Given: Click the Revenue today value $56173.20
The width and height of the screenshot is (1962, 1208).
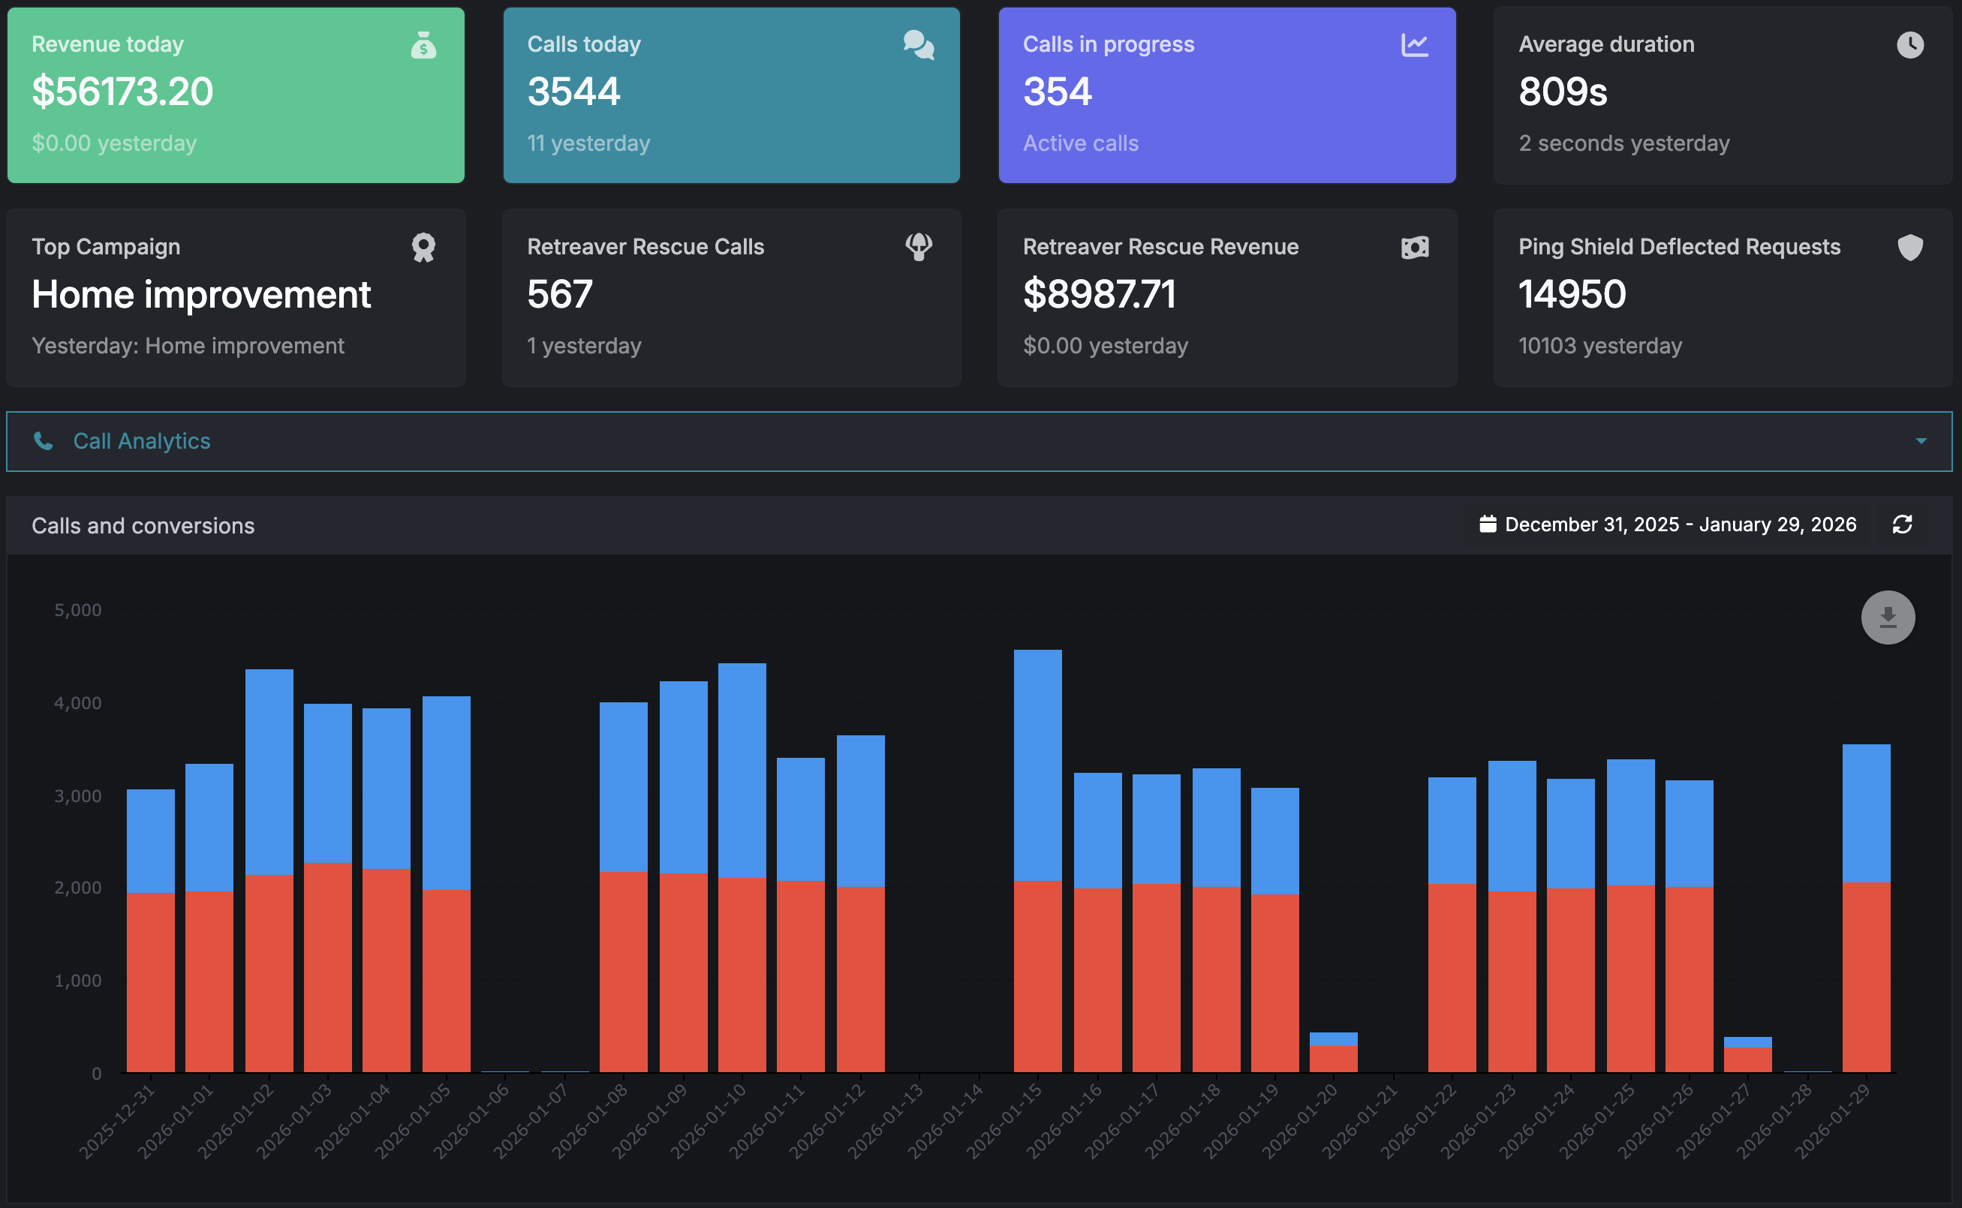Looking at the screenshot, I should tap(122, 92).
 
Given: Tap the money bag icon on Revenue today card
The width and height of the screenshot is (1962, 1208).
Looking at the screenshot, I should tap(423, 46).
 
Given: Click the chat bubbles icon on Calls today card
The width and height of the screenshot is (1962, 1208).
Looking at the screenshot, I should tap(918, 46).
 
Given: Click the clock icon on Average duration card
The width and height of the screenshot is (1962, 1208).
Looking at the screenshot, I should tap(1909, 45).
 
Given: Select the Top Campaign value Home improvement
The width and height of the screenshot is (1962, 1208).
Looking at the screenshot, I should tap(200, 295).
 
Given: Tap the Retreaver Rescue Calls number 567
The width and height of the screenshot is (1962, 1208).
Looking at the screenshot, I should tap(559, 295).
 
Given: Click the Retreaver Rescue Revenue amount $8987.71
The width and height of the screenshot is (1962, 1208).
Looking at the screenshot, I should tap(1099, 295).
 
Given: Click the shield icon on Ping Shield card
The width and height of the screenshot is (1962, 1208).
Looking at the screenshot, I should tap(1909, 248).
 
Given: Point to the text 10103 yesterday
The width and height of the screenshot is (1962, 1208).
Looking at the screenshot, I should tap(1599, 346).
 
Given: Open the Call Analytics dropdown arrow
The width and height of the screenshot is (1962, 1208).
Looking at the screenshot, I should tap(1921, 441).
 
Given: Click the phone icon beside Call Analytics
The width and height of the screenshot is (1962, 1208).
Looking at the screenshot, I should tap(43, 441).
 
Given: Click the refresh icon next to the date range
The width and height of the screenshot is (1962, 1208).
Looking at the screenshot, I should tap(1901, 525).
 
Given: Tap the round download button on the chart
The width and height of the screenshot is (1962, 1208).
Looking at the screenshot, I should tap(1887, 618).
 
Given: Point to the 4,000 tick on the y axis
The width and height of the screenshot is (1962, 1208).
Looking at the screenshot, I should tap(77, 703).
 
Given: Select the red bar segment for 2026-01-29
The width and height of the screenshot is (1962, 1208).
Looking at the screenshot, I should tap(1865, 976).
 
